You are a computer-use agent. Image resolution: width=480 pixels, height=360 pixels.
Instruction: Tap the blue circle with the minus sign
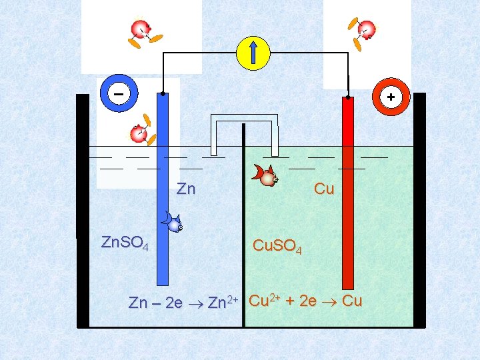[x=118, y=95]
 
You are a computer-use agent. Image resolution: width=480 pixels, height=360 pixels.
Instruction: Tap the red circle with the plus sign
[x=390, y=97]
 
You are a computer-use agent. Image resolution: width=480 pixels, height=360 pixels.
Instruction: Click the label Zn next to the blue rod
[x=186, y=189]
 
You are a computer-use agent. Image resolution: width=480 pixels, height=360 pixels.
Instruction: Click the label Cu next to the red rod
[x=324, y=189]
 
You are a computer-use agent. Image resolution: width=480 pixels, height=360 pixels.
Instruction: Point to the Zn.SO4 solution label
[x=124, y=243]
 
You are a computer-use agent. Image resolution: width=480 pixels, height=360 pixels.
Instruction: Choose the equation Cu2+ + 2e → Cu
[x=305, y=301]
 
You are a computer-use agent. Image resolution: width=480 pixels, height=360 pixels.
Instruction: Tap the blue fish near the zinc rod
[x=173, y=221]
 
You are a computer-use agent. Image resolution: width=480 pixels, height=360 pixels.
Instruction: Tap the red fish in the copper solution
[x=265, y=175]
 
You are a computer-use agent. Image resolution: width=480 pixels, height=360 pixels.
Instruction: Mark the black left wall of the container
[x=82, y=210]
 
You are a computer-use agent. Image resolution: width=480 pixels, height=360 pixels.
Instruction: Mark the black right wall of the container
[x=419, y=210]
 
